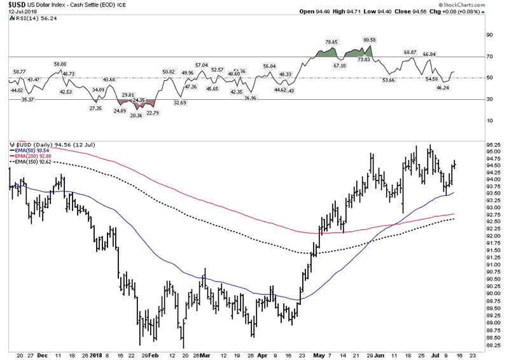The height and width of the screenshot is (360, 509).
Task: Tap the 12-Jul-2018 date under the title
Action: tap(19, 13)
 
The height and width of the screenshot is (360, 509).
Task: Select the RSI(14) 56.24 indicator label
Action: tap(32, 19)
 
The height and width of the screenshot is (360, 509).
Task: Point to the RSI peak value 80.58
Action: tap(370, 39)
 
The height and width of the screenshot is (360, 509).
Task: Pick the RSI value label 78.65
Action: tap(330, 42)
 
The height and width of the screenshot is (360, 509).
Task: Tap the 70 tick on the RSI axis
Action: tap(490, 57)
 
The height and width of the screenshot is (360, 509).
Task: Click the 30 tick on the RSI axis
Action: tap(490, 99)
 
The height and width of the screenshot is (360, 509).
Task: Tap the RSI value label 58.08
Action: tap(60, 64)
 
